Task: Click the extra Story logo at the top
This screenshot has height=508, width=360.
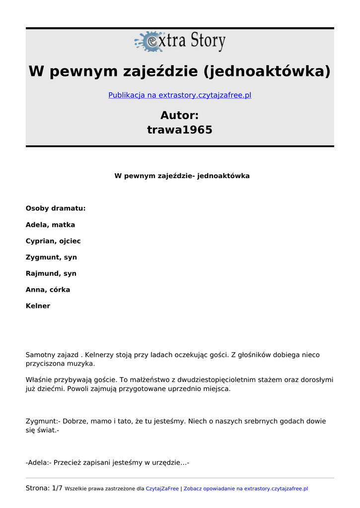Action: click(180, 42)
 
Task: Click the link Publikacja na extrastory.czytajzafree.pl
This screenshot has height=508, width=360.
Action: click(180, 95)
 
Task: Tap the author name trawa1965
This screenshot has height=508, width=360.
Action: click(180, 130)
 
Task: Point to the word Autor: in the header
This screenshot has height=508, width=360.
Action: click(180, 116)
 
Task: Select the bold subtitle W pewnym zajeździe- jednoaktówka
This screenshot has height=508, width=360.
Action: click(182, 176)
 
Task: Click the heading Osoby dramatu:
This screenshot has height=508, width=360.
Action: click(56, 208)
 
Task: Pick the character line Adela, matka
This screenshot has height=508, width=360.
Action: click(50, 225)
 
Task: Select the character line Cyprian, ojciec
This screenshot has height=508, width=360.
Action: click(53, 241)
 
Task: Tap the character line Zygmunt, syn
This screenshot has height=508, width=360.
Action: click(51, 257)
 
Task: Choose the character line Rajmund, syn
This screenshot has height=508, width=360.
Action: click(51, 273)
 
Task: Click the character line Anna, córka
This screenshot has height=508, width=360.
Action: click(48, 290)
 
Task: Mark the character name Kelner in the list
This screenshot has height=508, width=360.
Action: click(38, 306)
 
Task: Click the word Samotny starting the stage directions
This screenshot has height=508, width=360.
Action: click(41, 355)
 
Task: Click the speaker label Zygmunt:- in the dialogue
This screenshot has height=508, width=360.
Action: click(43, 421)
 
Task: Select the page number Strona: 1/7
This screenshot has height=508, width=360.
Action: click(44, 488)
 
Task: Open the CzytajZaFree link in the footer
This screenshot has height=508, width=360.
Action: click(162, 489)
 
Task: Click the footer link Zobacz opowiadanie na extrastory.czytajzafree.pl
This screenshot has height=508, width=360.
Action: click(246, 489)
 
